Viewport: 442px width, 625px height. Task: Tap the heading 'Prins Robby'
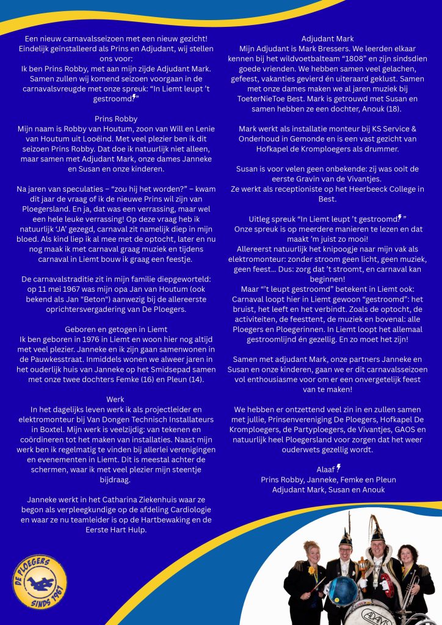116,119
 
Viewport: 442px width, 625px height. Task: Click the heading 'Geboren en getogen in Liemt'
116,328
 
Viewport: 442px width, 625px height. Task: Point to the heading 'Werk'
115,399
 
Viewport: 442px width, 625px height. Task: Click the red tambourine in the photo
385,587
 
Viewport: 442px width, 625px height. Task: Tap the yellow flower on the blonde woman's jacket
313,570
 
